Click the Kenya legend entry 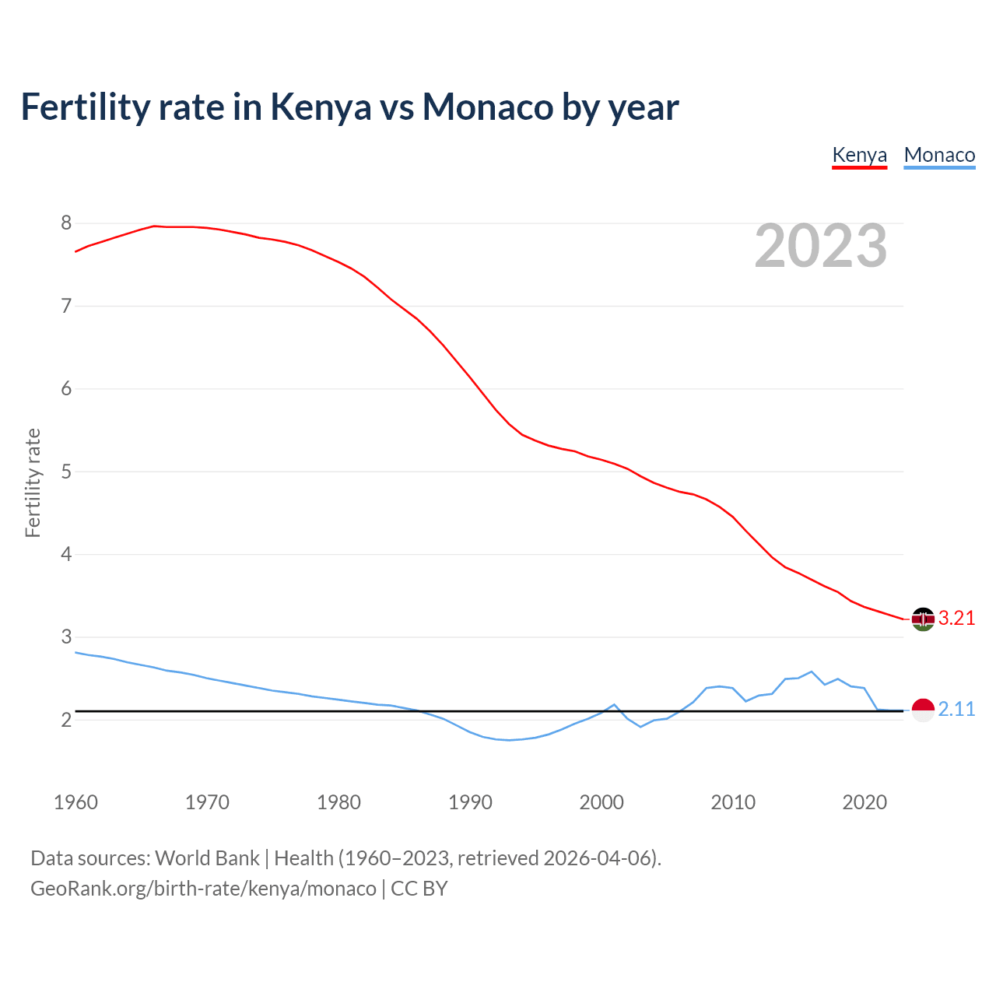pos(859,155)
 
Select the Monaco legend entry pos(939,155)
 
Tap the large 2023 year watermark pos(821,246)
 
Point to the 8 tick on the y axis pos(66,223)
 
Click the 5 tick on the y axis pos(66,472)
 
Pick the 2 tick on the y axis pos(66,720)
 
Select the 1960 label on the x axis pos(75,802)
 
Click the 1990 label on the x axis pos(470,802)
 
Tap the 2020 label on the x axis pos(864,802)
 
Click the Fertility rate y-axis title pos(33,482)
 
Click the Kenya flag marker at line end pos(923,619)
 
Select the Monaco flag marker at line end pos(923,710)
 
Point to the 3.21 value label pos(956,619)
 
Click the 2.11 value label pos(956,710)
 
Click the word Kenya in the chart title pos(321,107)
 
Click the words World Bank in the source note pos(207,858)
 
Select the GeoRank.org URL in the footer pos(203,889)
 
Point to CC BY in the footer pos(419,889)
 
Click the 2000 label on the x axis pos(601,802)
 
